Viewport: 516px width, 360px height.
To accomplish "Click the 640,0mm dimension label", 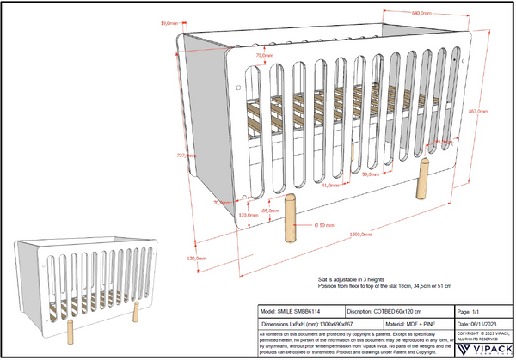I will tap(421, 13).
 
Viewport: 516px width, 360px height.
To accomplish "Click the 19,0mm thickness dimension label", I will tap(169, 24).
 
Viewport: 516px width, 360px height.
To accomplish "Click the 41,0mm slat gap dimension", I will tap(329, 185).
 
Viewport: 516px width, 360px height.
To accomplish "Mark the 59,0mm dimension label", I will tap(371, 174).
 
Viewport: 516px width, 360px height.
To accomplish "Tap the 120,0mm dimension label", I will tap(248, 215).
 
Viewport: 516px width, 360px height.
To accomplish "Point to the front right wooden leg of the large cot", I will tap(422, 180).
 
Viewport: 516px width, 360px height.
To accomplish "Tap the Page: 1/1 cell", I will tap(481, 311).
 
